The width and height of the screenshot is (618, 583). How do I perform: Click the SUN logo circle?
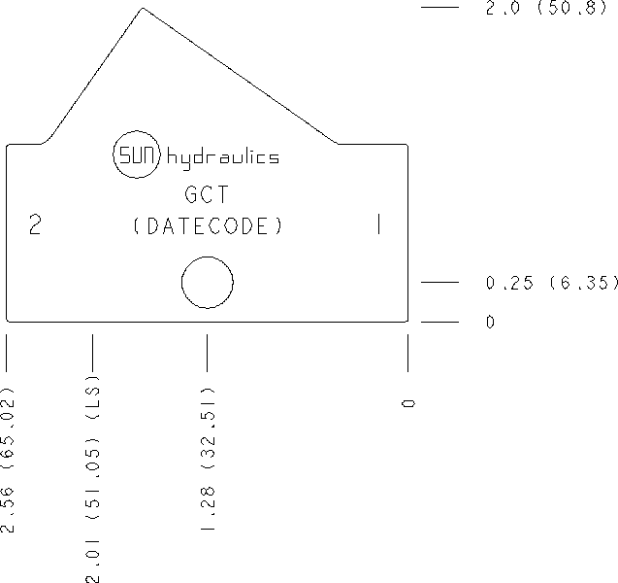coord(137,131)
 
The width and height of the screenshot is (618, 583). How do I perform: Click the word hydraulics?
coord(223,158)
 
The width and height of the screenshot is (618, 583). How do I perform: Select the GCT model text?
coord(207,194)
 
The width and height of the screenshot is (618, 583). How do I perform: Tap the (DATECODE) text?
coord(208,226)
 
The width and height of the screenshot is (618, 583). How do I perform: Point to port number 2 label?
coord(35,225)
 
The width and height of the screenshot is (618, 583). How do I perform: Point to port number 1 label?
coord(378,224)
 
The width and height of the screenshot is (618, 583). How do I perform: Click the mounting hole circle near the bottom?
coord(208,257)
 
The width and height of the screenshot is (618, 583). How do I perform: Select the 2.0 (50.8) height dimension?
coord(545,7)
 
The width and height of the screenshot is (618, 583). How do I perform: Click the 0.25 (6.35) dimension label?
coord(552,283)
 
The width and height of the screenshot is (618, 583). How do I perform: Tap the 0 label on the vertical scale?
coord(490,322)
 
